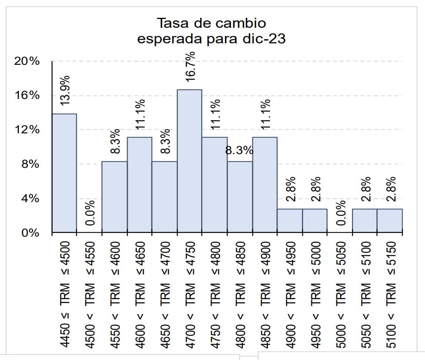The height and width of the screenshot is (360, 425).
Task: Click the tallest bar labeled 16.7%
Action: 189,161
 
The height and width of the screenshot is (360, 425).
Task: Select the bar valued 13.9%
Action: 64,173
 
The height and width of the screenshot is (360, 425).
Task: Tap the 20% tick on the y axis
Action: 27,61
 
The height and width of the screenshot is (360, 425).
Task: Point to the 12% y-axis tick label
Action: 27,130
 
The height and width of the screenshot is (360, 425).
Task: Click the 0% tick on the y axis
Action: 30,233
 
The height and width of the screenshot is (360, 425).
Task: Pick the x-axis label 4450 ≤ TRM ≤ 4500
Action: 65,295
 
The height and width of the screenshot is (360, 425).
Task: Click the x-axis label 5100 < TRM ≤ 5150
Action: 390,295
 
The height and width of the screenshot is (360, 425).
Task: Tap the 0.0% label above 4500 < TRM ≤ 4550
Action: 90,213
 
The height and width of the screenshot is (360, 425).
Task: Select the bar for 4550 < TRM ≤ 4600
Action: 114,197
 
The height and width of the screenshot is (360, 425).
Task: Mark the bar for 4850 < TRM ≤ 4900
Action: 265,185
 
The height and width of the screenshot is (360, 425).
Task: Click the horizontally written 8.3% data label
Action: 239,151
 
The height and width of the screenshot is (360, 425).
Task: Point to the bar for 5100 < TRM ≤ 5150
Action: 390,221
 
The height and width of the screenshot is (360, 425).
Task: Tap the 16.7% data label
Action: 190,66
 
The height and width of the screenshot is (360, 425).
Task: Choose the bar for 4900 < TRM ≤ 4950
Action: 290,221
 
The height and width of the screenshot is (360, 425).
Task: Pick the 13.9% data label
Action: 65,90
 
